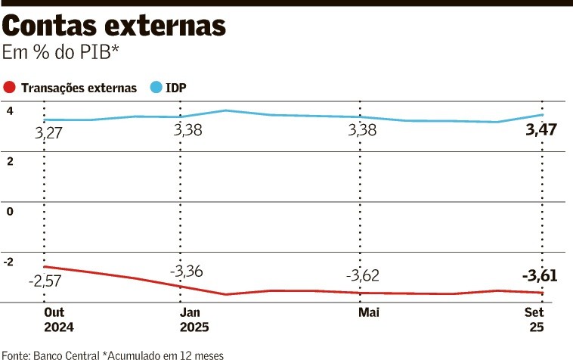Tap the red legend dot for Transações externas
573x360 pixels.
point(10,88)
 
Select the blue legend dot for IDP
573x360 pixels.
point(156,88)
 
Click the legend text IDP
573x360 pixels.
point(177,88)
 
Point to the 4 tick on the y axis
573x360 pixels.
point(11,111)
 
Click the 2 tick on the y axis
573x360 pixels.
point(11,161)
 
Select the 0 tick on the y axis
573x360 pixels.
point(11,211)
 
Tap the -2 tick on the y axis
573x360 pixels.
point(9,262)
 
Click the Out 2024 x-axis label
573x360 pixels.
point(59,319)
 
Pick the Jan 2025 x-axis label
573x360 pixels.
point(194,319)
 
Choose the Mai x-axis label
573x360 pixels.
point(369,312)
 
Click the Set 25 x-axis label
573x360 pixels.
point(534,319)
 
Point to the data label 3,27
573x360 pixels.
point(49,134)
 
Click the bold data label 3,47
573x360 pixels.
point(540,130)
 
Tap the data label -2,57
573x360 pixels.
point(45,281)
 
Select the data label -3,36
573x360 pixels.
point(185,271)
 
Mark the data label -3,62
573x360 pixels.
point(362,275)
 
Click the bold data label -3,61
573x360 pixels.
point(539,276)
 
